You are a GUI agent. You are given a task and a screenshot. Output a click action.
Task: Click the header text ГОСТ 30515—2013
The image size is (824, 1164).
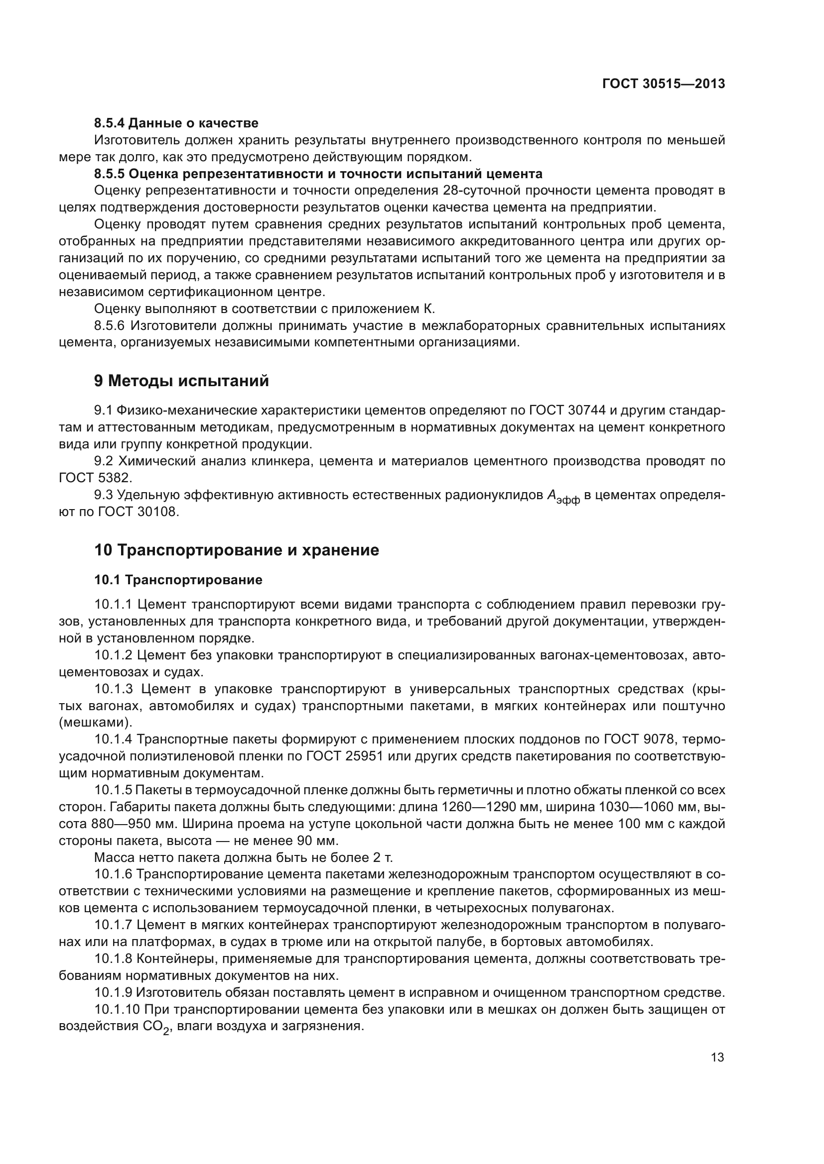coord(663,84)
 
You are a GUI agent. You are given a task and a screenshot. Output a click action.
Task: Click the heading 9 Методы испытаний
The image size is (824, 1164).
coord(181,381)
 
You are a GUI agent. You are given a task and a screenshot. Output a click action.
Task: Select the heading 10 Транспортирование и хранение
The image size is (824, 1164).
coord(237,550)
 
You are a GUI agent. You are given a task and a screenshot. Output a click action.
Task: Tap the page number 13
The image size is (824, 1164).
coord(717,1058)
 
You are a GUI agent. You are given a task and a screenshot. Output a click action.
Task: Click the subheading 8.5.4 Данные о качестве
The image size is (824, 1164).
coord(176,123)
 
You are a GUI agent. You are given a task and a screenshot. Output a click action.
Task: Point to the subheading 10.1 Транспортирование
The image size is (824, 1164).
coord(178,579)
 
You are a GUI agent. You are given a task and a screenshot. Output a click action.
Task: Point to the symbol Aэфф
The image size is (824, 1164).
coord(562,496)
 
